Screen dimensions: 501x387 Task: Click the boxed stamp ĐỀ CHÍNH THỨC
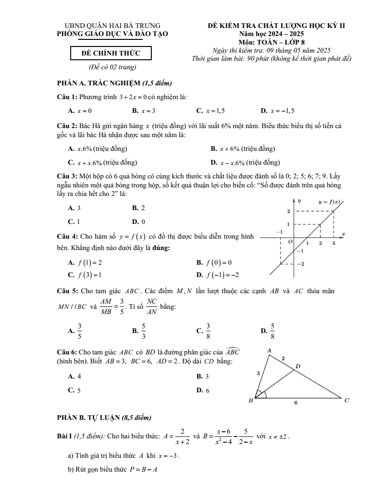pos(111,53)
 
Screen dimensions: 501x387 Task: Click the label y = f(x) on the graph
pos(329,202)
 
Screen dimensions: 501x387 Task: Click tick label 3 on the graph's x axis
pos(333,243)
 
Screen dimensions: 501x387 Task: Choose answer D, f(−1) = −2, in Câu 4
pos(218,275)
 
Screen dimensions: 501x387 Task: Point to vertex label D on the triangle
pos(298,366)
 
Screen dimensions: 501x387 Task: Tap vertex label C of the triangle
pos(347,400)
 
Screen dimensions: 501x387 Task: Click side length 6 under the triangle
pos(295,403)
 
